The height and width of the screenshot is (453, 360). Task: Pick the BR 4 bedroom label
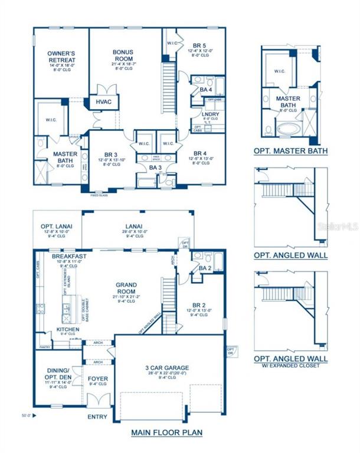[200, 153]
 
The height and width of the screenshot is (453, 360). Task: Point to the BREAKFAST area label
[70, 257]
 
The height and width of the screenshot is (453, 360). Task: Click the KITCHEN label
[68, 329]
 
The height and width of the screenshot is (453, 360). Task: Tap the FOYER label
[97, 377]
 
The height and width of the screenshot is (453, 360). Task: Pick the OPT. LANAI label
[55, 227]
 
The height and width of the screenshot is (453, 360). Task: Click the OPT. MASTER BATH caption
[290, 151]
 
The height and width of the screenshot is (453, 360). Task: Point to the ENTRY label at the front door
[98, 417]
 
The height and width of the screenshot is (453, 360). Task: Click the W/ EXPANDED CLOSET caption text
[290, 366]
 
